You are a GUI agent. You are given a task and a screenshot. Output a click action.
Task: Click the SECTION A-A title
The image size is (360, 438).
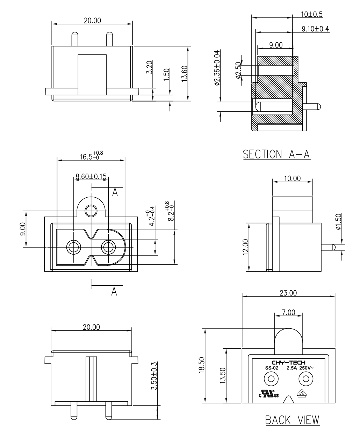[x=277, y=154]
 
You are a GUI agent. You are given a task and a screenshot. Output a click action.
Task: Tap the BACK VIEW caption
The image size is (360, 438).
[x=292, y=420]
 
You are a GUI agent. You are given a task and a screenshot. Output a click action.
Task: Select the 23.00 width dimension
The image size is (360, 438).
[x=288, y=293]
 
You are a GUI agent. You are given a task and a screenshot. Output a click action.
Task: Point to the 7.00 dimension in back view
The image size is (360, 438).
[x=288, y=312]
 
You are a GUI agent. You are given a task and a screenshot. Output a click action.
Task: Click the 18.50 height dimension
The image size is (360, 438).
[x=202, y=365]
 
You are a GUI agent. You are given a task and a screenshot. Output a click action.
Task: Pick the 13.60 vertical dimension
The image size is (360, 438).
[x=184, y=73]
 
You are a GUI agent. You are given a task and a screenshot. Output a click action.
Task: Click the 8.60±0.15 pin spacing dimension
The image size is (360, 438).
[x=91, y=176]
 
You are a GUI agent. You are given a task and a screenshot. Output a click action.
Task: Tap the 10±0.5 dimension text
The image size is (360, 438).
[x=312, y=14]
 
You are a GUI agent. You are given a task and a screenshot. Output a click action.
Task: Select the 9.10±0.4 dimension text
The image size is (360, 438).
[x=315, y=29]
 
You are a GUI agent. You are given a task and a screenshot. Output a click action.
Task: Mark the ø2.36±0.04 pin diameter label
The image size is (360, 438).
[x=217, y=68]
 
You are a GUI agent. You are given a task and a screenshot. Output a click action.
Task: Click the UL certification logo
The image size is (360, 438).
[x=268, y=394]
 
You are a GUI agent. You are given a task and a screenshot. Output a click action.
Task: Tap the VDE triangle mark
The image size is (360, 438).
[x=302, y=393]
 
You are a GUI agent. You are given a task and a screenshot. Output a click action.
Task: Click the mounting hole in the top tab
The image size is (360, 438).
[x=91, y=211]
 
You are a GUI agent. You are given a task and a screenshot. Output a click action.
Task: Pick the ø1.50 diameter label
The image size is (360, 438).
[x=338, y=221]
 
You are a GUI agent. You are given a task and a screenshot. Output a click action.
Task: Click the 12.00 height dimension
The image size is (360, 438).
[x=245, y=247]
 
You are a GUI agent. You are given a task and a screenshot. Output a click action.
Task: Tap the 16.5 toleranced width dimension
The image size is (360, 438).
[x=91, y=156]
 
